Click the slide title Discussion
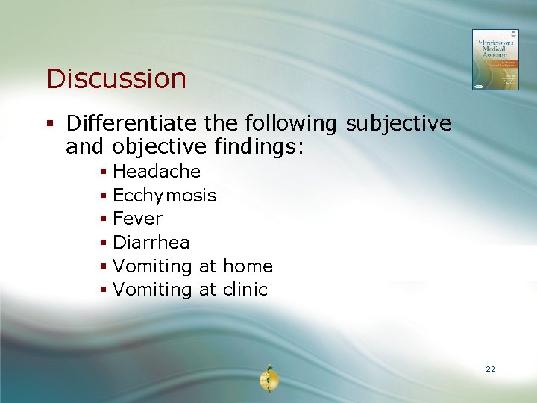tap(116, 78)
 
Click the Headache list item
tap(157, 172)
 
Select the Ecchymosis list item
tap(164, 196)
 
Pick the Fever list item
tap(137, 219)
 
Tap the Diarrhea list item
tap(151, 243)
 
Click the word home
tap(248, 266)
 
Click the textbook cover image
tap(494, 60)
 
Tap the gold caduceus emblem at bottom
tap(268, 378)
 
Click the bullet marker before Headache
tap(104, 172)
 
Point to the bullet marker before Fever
tap(104, 219)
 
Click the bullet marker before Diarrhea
tap(104, 243)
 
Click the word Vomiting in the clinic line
tap(152, 290)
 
